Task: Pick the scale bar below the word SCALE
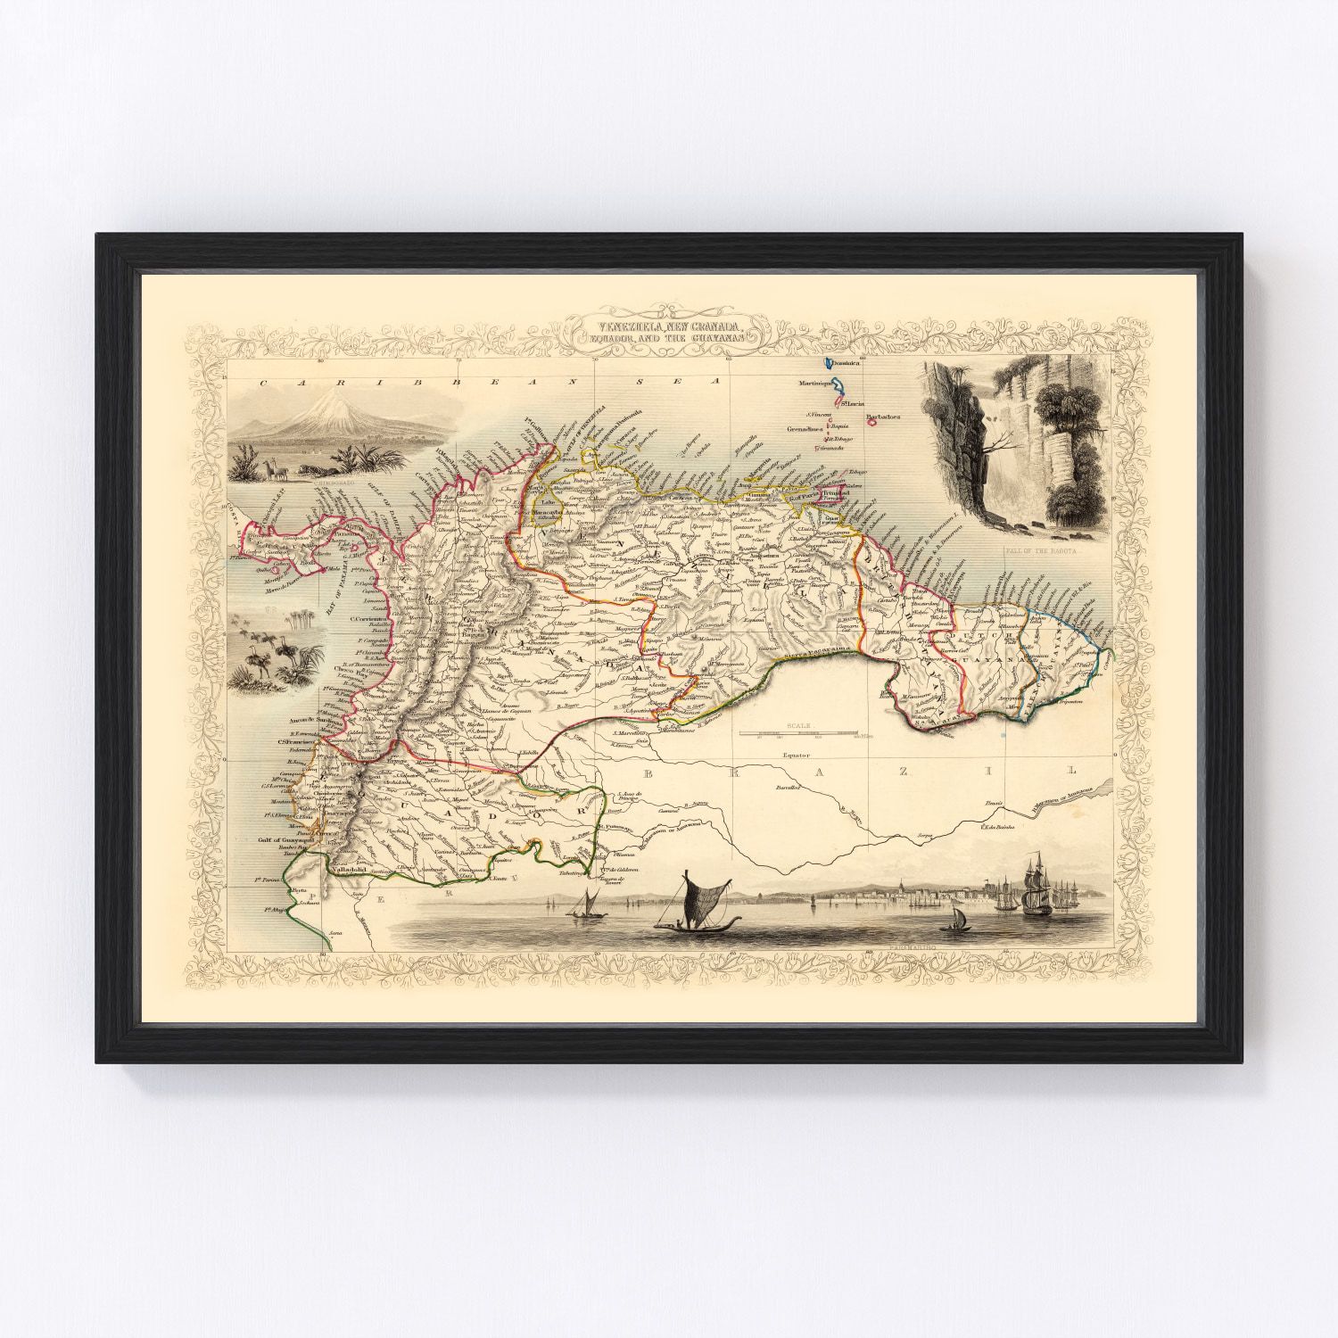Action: [x=813, y=733]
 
